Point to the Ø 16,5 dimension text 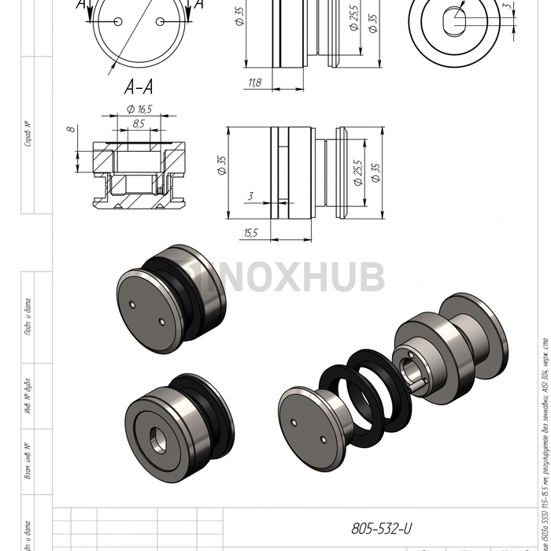pyautogui.click(x=139, y=109)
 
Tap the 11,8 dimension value pyautogui.click(x=255, y=83)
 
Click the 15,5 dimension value pyautogui.click(x=251, y=232)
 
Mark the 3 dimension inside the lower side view pyautogui.click(x=250, y=195)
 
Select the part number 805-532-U pyautogui.click(x=381, y=529)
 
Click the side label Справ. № pyautogui.click(x=28, y=134)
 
